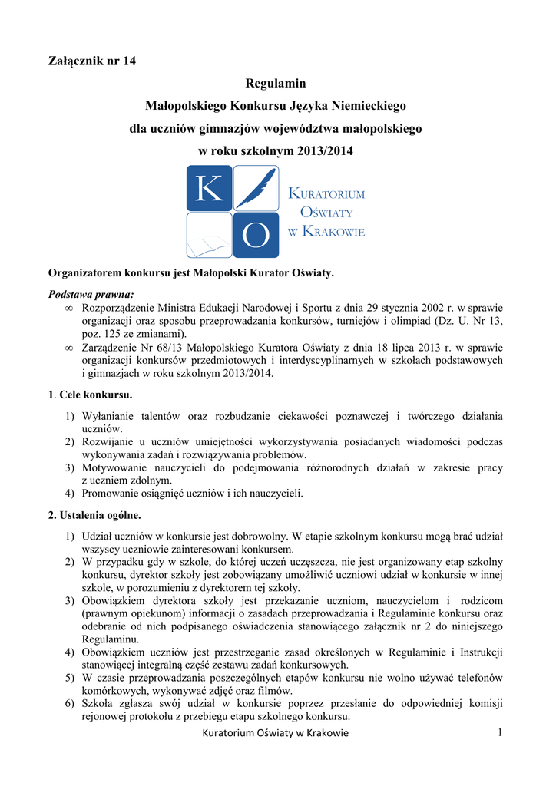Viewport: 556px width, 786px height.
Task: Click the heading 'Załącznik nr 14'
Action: [92, 61]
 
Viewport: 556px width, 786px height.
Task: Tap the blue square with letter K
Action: [209, 189]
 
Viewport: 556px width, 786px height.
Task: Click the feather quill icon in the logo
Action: [255, 189]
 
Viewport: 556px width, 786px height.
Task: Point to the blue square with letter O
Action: [255, 236]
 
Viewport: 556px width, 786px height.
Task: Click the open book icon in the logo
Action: [209, 236]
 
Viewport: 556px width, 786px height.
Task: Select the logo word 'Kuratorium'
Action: [326, 193]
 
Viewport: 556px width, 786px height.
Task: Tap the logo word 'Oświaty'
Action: [326, 212]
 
